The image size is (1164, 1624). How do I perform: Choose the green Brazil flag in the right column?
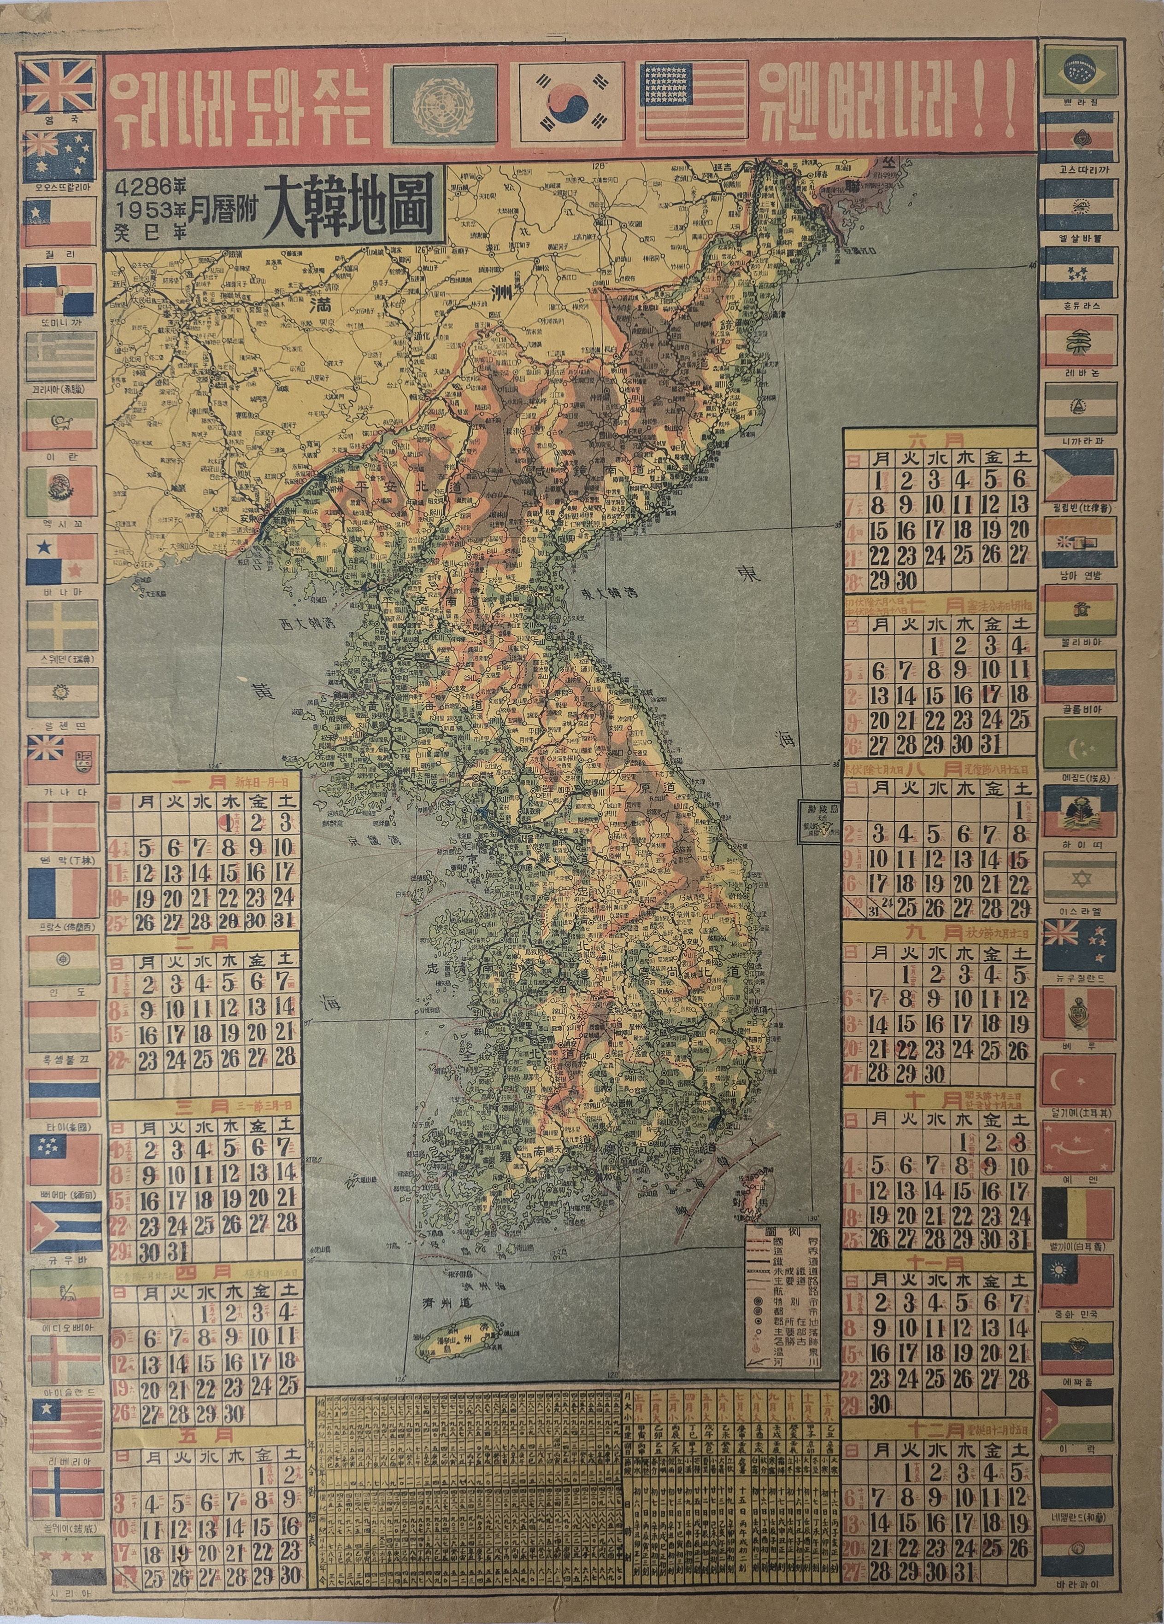1080,70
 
